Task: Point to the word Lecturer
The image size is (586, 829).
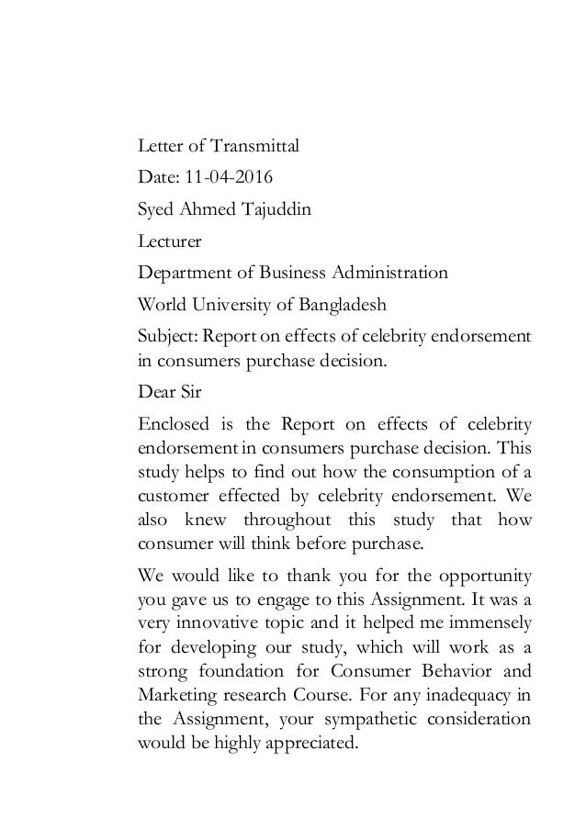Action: (x=168, y=241)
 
